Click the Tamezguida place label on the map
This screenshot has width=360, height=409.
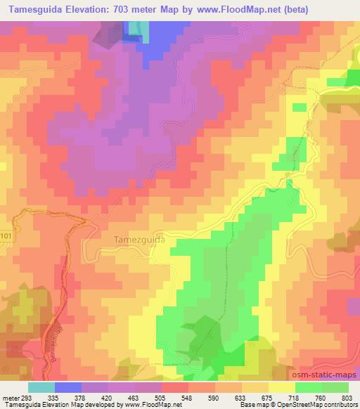point(139,239)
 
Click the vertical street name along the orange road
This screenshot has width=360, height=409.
point(51,342)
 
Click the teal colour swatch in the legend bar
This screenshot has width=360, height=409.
point(41,387)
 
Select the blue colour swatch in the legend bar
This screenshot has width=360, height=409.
point(67,387)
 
